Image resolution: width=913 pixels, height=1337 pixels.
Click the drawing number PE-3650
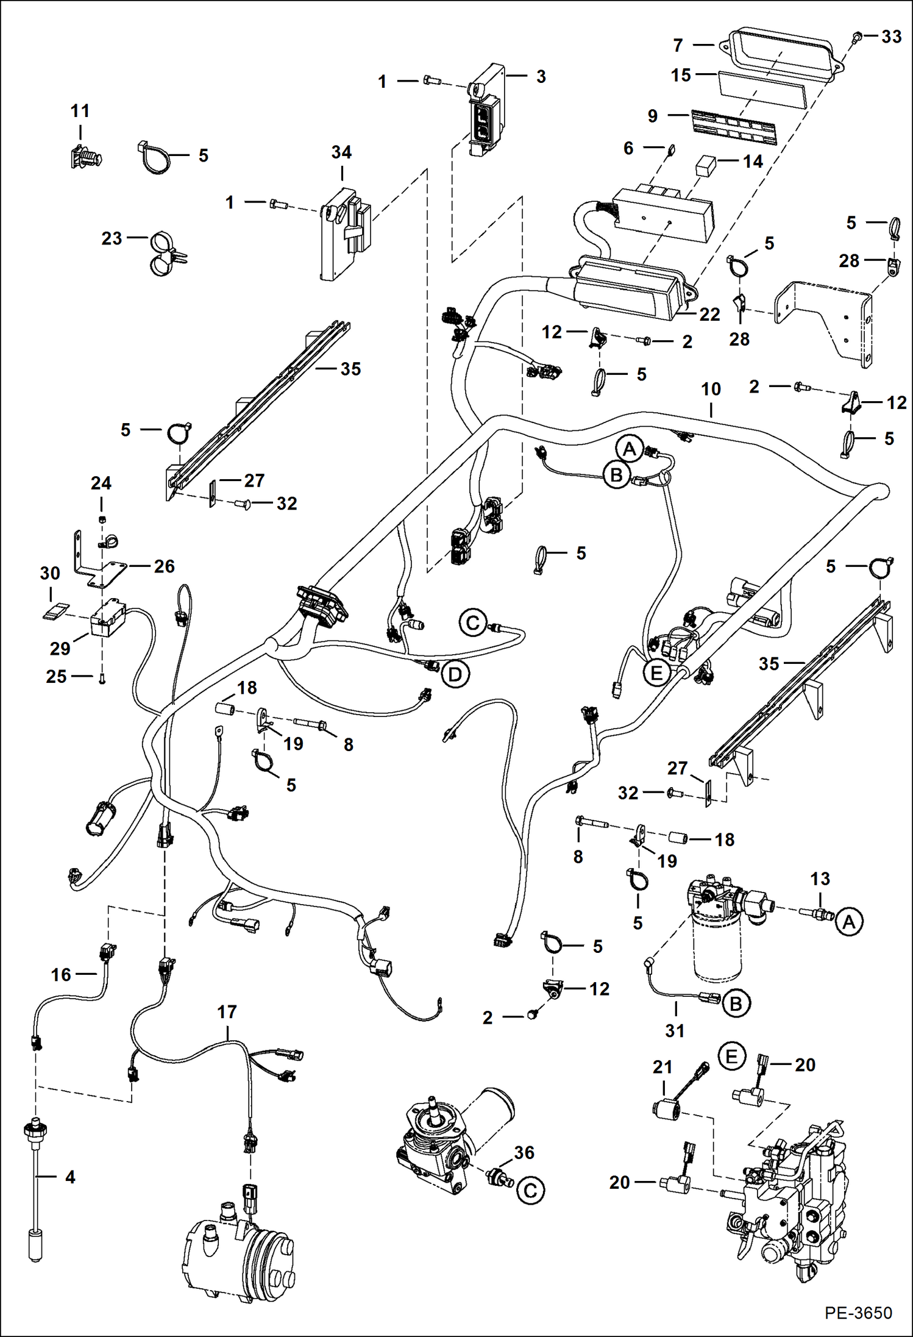(x=858, y=1312)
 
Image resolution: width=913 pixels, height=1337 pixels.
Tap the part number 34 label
(x=341, y=152)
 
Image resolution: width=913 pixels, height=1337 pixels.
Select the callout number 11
(x=80, y=111)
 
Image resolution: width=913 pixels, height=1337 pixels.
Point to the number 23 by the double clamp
(x=112, y=238)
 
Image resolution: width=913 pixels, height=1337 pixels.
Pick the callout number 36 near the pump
(x=524, y=1152)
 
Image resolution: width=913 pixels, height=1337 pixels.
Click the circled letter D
(x=455, y=674)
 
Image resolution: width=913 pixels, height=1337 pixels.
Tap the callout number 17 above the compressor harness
(x=227, y=1012)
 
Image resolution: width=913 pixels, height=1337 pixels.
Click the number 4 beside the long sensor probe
(x=70, y=1177)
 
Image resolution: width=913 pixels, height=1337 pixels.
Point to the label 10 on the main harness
(x=711, y=389)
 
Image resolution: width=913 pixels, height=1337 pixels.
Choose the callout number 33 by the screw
(x=891, y=37)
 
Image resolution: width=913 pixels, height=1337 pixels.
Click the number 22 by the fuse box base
(x=709, y=315)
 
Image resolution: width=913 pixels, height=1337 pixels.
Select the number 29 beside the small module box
(x=60, y=648)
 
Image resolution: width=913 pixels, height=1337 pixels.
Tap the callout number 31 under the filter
(x=675, y=1030)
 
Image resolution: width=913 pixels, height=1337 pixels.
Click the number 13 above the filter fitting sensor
(x=820, y=879)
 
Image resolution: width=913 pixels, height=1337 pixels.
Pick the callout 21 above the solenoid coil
(x=663, y=1067)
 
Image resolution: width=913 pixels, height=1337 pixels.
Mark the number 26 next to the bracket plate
(x=164, y=566)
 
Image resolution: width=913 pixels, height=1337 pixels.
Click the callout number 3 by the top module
(x=541, y=77)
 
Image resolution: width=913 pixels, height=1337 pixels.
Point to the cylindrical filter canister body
(x=718, y=951)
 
